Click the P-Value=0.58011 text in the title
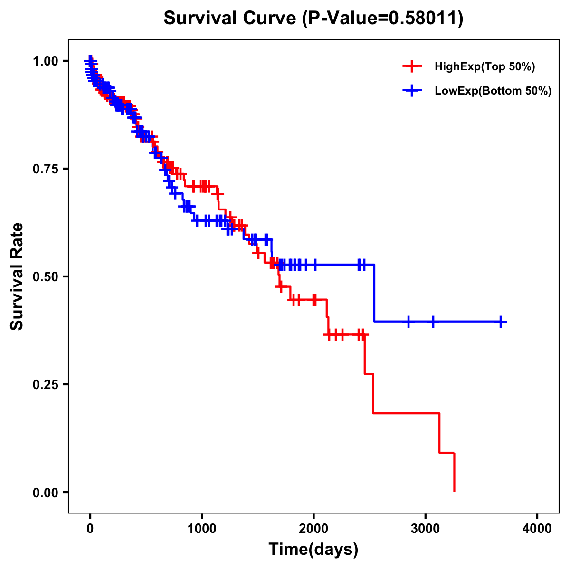[x=384, y=18]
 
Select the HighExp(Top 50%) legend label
[x=485, y=67]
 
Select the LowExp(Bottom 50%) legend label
[x=493, y=91]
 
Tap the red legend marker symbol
[x=412, y=66]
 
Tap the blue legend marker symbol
[x=412, y=91]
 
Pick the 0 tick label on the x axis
[x=90, y=529]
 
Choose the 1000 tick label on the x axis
[x=202, y=529]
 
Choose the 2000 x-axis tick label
[x=313, y=529]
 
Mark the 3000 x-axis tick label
[x=426, y=529]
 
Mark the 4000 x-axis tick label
[x=537, y=529]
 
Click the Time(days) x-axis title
[x=313, y=550]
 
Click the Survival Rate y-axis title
[x=17, y=276]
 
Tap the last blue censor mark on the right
[x=500, y=322]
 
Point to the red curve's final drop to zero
[x=455, y=473]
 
